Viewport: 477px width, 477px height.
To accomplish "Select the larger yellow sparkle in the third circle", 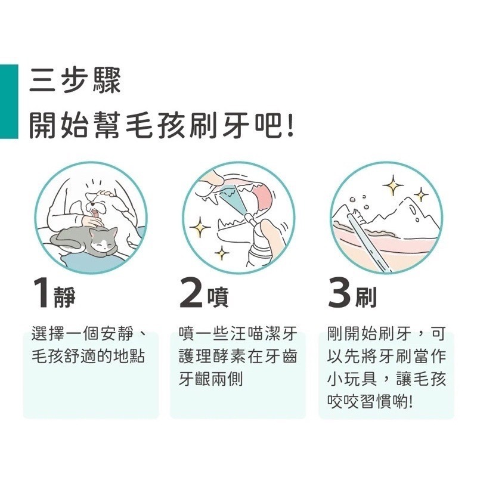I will [x=393, y=185].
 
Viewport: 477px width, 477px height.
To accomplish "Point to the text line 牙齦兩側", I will [x=210, y=380].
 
